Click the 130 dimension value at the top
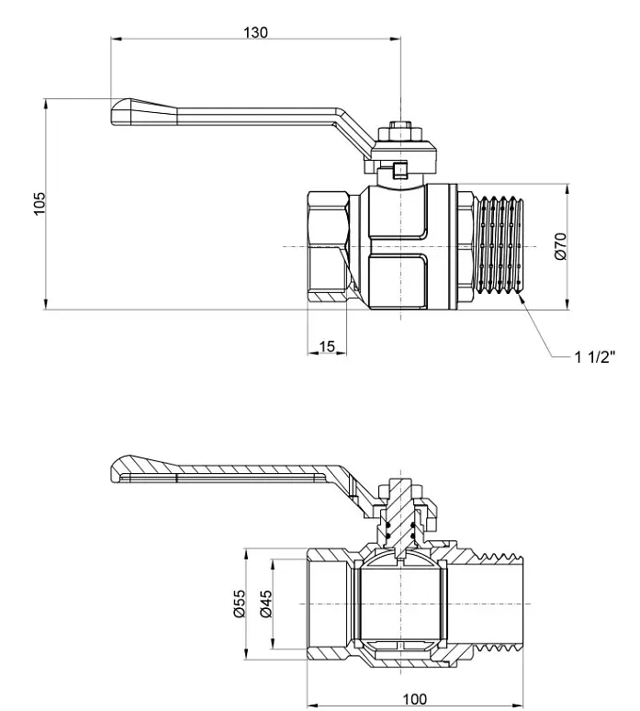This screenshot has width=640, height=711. pyautogui.click(x=255, y=33)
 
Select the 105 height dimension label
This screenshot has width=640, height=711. pyautogui.click(x=39, y=204)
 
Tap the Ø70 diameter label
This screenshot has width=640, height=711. pyautogui.click(x=561, y=246)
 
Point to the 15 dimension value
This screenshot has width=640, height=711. pyautogui.click(x=326, y=346)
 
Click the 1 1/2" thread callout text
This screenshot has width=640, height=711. pyautogui.click(x=595, y=356)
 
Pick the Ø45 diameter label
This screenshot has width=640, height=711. pyautogui.click(x=266, y=604)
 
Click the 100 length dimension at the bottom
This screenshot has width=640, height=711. pyautogui.click(x=414, y=699)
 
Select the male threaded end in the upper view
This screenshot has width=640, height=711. pyautogui.click(x=499, y=246)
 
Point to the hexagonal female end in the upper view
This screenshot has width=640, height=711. pyautogui.click(x=328, y=247)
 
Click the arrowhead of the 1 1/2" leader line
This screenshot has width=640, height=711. pyautogui.click(x=520, y=298)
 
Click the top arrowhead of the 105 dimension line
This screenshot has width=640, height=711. pyautogui.click(x=45, y=104)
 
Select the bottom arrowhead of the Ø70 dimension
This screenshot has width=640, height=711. pyautogui.click(x=567, y=304)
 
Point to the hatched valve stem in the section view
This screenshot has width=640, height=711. pyautogui.click(x=400, y=517)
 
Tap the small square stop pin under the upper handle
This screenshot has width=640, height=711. pyautogui.click(x=400, y=170)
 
